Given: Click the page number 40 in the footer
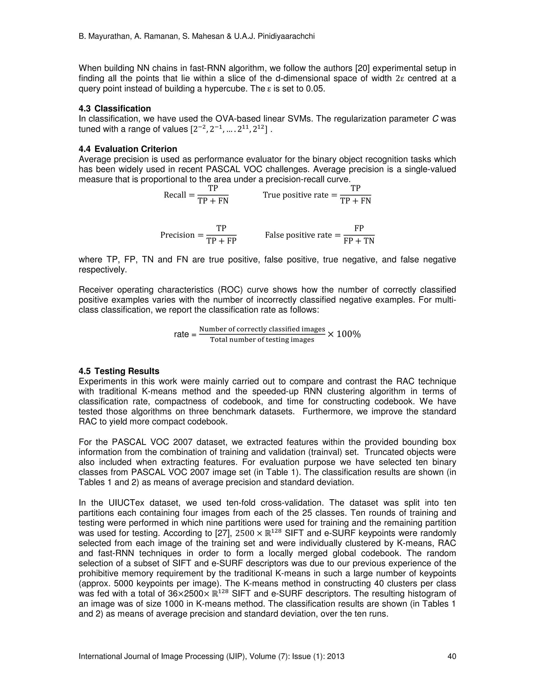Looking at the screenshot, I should coord(451,656).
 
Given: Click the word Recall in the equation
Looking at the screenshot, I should coord(175,195).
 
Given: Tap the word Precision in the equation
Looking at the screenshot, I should coord(177,235).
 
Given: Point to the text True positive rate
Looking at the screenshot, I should coord(295,195).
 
